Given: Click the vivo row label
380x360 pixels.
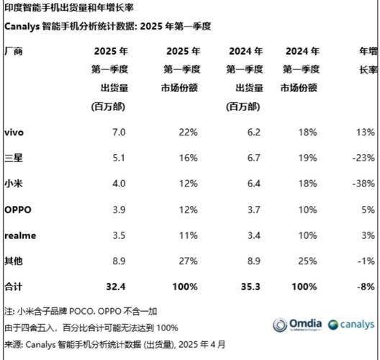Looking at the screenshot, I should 14,132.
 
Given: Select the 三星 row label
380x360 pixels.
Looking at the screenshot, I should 13,158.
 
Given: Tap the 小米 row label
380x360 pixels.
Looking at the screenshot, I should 13,184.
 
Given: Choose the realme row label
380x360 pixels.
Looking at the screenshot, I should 19,235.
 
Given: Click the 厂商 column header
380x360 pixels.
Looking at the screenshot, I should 13,52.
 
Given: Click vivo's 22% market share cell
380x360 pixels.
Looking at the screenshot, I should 188,132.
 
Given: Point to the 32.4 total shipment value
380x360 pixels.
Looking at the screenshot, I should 117,286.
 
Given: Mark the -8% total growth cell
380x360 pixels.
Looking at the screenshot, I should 366,286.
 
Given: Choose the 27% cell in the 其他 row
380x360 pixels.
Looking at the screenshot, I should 188,261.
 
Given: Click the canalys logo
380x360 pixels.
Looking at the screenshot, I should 352,324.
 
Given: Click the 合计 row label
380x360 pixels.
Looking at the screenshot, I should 13,286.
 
